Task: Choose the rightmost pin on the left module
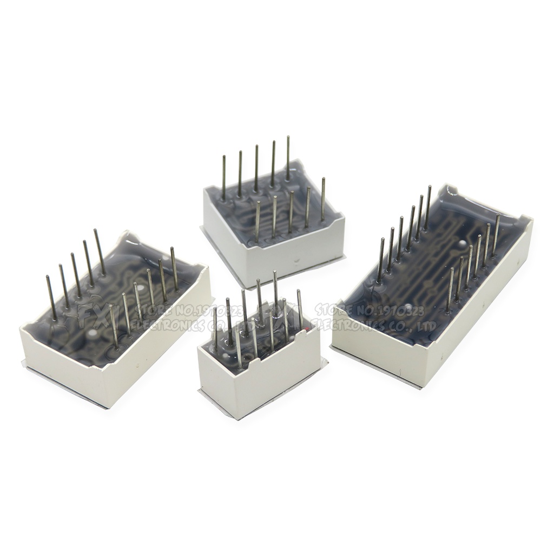coord(174,268)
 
